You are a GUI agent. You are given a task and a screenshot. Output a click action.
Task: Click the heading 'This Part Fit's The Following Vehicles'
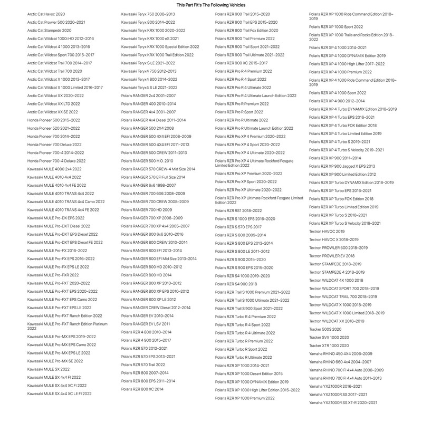(x=210, y=4)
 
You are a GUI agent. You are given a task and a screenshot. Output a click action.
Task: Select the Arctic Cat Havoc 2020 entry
(x=46, y=14)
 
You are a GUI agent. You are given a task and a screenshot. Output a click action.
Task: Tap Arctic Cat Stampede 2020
(x=49, y=31)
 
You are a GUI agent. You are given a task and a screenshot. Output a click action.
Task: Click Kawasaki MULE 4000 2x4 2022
(x=54, y=169)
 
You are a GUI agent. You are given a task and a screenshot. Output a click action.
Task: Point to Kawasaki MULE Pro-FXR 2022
(x=53, y=275)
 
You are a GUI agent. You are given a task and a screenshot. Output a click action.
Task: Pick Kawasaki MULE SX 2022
(x=49, y=369)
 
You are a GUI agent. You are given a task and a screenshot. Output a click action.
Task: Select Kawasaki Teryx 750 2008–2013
(x=147, y=14)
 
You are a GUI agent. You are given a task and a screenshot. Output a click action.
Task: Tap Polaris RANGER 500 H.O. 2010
(x=147, y=160)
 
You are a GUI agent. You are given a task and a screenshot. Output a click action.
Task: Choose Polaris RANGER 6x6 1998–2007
(x=147, y=185)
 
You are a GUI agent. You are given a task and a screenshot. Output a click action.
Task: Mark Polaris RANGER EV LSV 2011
(x=146, y=323)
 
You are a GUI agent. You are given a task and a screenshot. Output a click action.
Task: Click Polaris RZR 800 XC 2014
(x=142, y=389)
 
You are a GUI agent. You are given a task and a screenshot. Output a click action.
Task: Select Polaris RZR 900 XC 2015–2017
(x=241, y=63)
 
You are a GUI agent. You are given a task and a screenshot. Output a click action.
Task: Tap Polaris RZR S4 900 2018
(x=236, y=284)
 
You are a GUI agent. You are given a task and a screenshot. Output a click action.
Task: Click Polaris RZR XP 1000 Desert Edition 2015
(x=249, y=373)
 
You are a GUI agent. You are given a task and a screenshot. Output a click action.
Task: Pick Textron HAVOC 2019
(x=327, y=231)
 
